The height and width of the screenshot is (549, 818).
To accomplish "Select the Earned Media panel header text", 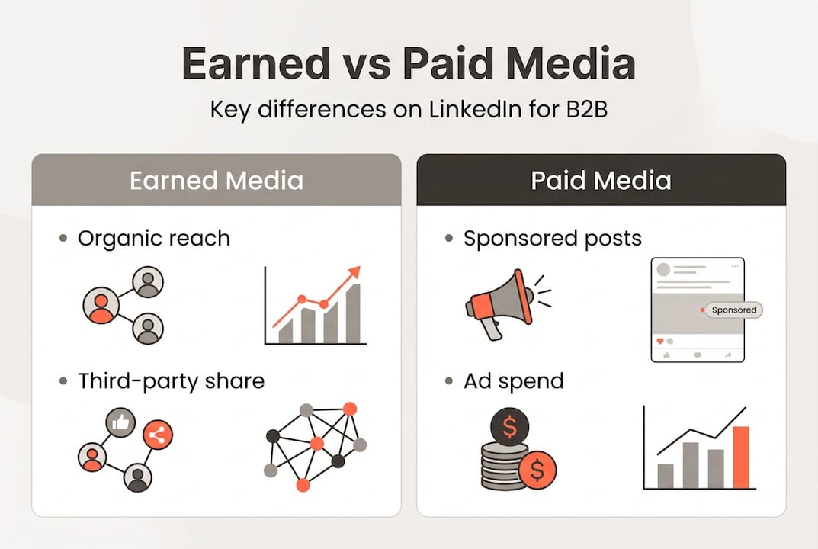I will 217,181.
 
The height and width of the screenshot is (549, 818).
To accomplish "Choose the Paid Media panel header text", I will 601,181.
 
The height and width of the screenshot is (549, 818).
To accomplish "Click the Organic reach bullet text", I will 153,239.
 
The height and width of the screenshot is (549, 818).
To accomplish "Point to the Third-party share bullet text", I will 171,380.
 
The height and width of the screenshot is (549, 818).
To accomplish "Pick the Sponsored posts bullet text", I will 553,239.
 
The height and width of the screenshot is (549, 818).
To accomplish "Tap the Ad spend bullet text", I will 513,380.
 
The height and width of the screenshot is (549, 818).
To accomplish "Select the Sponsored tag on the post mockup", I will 733,310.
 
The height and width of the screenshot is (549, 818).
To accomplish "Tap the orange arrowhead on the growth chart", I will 353,274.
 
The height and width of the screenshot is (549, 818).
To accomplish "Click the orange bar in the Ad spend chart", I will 740,457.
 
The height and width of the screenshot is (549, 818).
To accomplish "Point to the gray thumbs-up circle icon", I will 122,422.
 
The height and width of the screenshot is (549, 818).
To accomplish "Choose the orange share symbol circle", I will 158,435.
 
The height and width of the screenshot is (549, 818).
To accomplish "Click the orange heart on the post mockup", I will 660,340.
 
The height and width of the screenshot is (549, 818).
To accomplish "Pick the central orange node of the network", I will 317,443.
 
